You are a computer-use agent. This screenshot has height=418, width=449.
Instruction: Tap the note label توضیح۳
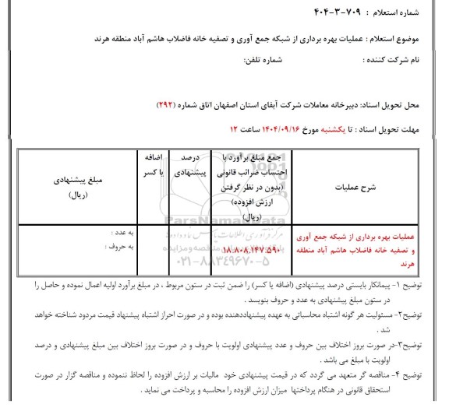coord(419,335)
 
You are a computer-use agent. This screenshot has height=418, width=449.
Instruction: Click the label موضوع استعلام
coord(406,37)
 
